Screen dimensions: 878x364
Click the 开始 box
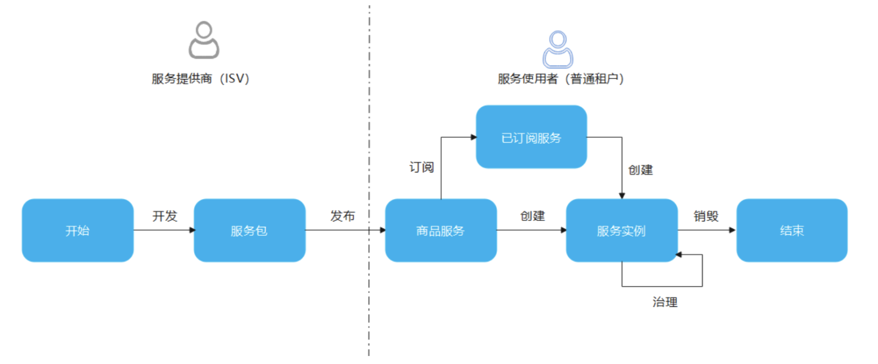[77, 230]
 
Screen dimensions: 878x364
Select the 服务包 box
[250, 230]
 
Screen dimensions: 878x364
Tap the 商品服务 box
[441, 230]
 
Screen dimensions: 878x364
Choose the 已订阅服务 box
[531, 137]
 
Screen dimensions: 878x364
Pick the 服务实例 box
[622, 230]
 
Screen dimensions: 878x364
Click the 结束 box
[792, 230]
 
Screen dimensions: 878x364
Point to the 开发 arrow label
[165, 216]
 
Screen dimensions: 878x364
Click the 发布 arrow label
[343, 216]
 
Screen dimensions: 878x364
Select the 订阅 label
[422, 167]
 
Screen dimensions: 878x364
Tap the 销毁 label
[706, 216]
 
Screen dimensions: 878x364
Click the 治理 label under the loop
[665, 302]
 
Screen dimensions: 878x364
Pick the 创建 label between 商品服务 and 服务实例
[533, 216]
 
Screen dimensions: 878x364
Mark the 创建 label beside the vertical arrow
[641, 170]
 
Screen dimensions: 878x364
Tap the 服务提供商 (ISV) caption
[200, 78]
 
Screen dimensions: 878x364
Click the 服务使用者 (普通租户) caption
[560, 78]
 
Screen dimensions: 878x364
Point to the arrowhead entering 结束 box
[732, 230]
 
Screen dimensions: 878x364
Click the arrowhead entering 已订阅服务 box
[474, 137]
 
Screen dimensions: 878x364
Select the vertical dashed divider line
[369, 181]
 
